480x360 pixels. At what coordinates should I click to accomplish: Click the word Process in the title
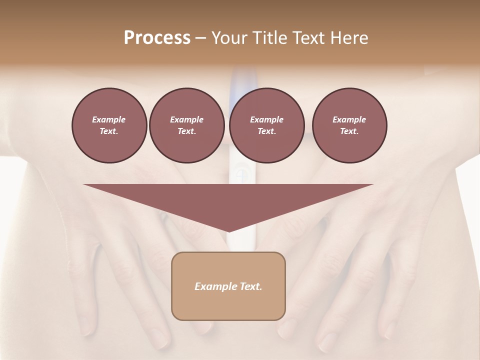point(157,38)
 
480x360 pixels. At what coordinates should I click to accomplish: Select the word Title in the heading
point(271,38)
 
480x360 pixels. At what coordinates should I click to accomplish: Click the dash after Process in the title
point(201,38)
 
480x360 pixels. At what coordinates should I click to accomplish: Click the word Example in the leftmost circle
point(109,119)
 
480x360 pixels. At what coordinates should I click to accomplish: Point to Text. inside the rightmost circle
point(349,131)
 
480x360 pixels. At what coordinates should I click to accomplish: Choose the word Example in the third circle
point(266,119)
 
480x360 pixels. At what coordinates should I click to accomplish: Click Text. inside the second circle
point(186,131)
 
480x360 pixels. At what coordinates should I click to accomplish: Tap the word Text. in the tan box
point(250,286)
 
